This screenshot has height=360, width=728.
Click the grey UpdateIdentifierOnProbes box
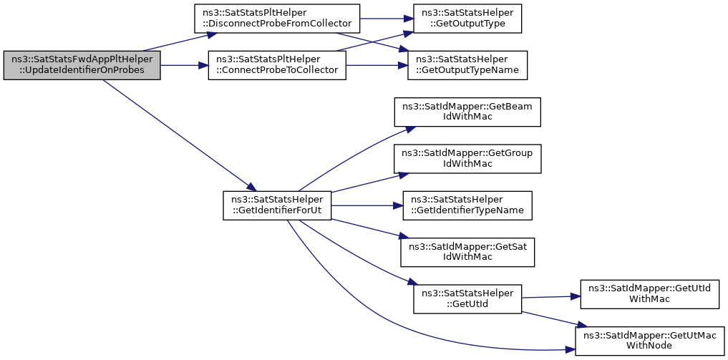click(x=82, y=65)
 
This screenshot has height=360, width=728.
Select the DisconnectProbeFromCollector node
click(x=277, y=19)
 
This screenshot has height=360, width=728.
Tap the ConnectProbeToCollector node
click(x=277, y=65)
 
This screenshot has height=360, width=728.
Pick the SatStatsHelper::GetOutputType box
click(x=467, y=19)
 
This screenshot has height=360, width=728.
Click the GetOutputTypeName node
click(x=467, y=65)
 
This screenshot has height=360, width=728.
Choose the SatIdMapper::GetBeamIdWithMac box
click(x=467, y=112)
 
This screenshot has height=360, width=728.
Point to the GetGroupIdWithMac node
click(x=467, y=159)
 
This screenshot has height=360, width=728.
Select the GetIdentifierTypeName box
click(x=467, y=205)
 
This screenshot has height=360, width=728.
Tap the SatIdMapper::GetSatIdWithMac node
click(x=467, y=253)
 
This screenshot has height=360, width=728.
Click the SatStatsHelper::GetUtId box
click(x=467, y=299)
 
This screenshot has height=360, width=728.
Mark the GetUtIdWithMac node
click(x=649, y=295)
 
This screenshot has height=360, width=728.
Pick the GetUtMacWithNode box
click(x=649, y=341)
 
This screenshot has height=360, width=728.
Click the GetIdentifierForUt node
click(x=277, y=205)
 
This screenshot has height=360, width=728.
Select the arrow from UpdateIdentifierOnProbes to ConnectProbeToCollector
click(x=184, y=65)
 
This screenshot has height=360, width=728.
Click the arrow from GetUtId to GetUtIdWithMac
click(x=551, y=297)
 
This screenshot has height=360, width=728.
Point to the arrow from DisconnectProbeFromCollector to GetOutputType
click(x=387, y=19)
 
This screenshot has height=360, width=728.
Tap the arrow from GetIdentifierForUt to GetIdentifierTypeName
click(x=367, y=205)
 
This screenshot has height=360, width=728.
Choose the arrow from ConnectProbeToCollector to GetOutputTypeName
click(x=377, y=65)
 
